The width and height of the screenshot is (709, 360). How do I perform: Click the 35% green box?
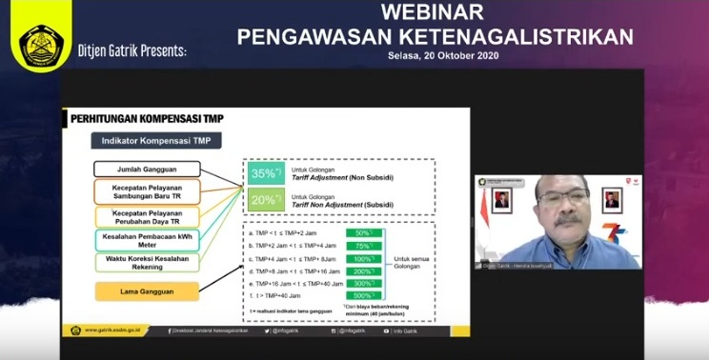click(264, 173)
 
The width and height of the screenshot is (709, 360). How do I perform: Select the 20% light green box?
click(264, 201)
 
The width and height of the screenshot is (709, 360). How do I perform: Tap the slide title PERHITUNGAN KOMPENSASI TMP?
click(142, 118)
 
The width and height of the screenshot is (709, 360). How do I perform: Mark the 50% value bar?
click(362, 232)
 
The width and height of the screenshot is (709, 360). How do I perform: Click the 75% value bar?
click(362, 245)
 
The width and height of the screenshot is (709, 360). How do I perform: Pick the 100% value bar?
click(362, 258)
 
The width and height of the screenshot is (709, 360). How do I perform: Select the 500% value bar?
click(362, 296)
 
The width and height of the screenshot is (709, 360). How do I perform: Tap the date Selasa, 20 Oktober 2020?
click(443, 56)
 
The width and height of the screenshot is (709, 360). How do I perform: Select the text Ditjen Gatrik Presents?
click(132, 49)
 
